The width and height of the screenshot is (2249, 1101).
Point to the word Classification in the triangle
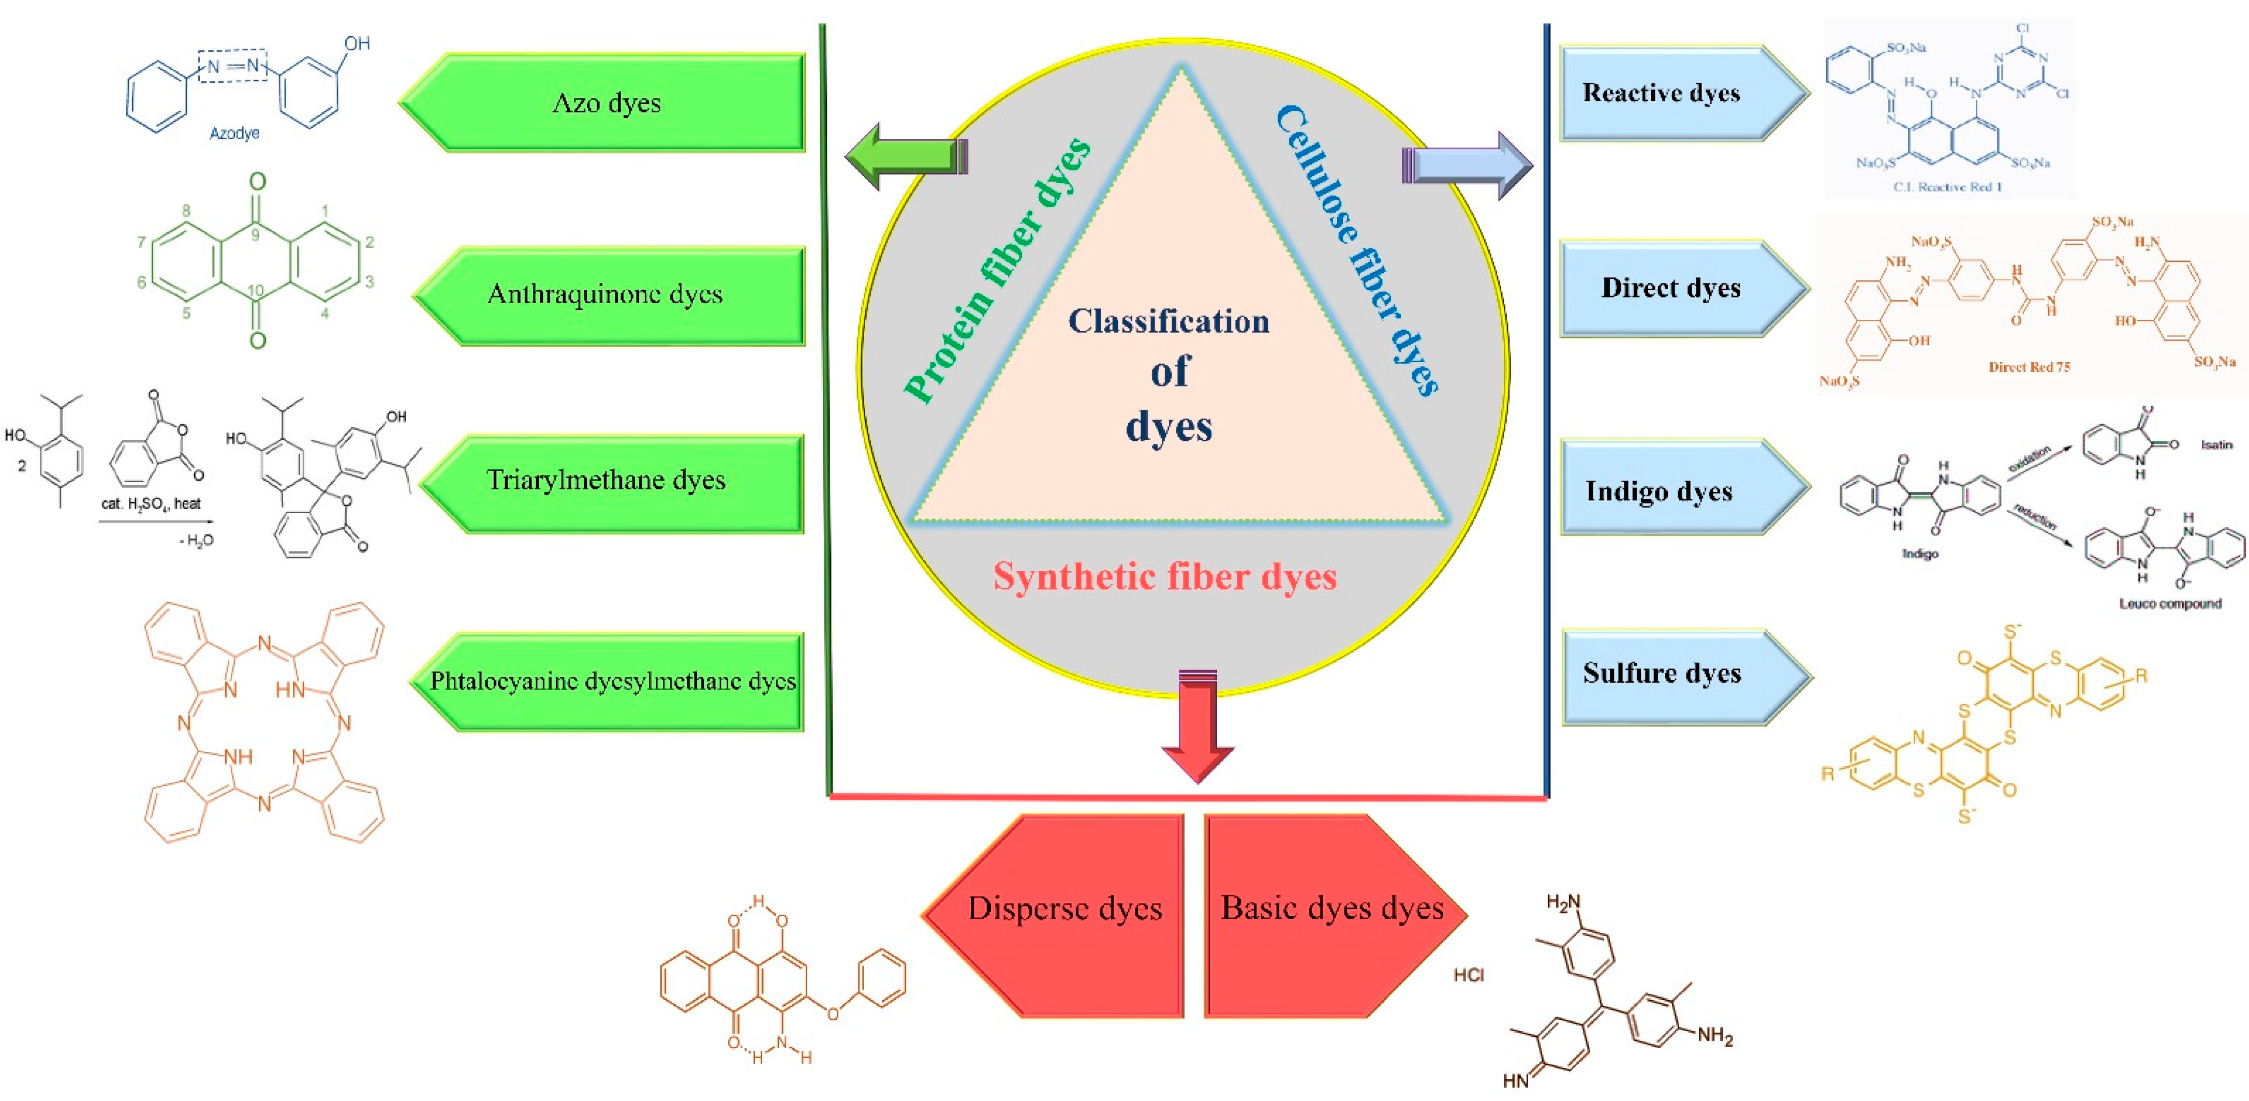click(1168, 321)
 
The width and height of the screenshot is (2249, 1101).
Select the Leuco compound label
click(2169, 603)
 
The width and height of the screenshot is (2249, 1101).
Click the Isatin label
click(2216, 444)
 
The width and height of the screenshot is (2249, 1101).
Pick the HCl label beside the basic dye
click(1469, 974)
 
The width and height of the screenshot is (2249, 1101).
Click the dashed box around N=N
click(232, 66)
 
